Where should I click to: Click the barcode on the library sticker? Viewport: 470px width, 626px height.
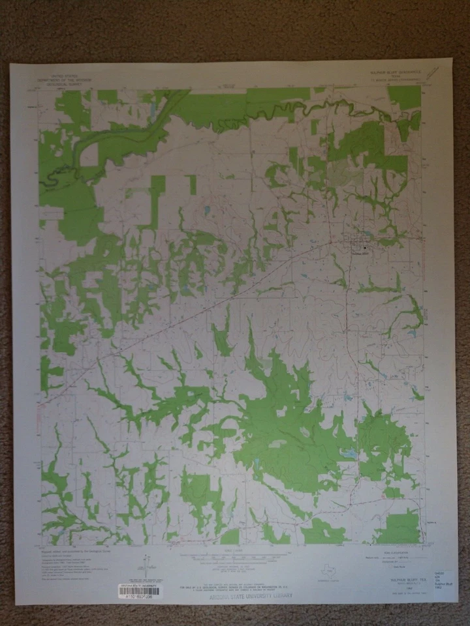coord(136,589)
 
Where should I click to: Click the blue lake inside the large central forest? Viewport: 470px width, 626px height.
coord(350,455)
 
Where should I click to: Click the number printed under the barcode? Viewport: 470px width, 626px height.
coord(138,596)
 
